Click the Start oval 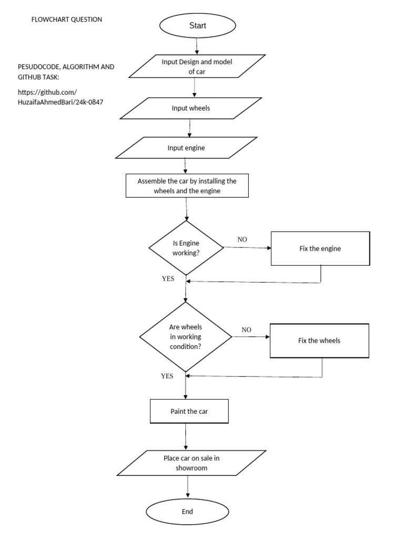point(197,25)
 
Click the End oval point(187,511)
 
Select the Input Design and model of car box point(196,66)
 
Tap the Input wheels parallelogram point(190,108)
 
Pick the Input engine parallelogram point(186,148)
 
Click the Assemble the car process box point(187,186)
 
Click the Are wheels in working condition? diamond point(185,337)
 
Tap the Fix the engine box point(320,248)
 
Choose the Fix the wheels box point(319,341)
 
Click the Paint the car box point(189,411)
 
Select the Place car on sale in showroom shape point(191,463)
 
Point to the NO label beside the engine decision point(242,239)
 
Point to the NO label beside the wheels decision point(246,330)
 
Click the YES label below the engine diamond point(168,278)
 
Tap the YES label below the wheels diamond point(167,376)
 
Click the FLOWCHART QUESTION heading point(67,19)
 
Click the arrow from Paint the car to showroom point(186,436)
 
